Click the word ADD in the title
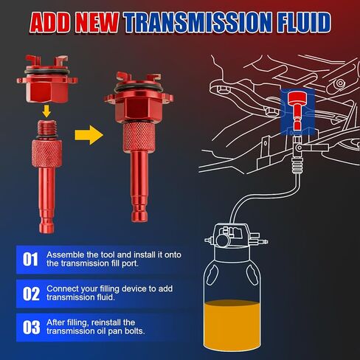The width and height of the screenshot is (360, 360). (x=50, y=23)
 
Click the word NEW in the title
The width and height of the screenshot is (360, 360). (x=97, y=23)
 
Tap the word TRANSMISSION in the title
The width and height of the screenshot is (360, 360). (x=198, y=23)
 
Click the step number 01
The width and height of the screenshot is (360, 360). (x=31, y=259)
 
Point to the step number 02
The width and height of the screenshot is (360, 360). (x=31, y=294)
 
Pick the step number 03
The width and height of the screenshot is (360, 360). (x=31, y=328)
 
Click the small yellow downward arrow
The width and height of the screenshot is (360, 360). (x=46, y=111)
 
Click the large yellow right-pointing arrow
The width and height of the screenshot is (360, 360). (x=89, y=135)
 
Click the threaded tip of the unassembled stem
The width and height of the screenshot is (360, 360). (x=47, y=128)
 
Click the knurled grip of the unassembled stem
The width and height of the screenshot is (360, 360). (x=46, y=153)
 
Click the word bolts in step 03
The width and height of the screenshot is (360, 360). (x=134, y=331)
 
